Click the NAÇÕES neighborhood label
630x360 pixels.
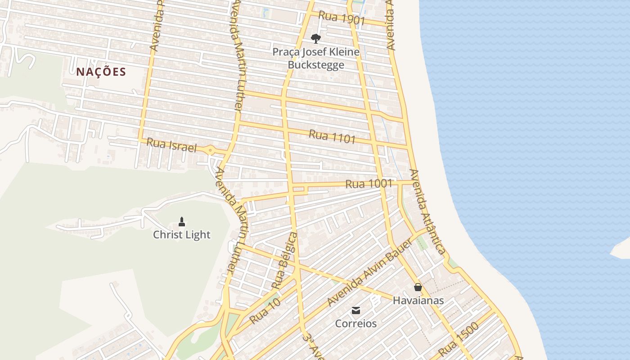101,72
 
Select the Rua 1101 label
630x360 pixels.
332,136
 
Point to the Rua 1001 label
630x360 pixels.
369,184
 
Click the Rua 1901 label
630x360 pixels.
342,18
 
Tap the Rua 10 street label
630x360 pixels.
265,311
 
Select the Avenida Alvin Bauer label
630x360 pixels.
370,273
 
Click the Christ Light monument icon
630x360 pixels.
182,221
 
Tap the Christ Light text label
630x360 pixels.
182,234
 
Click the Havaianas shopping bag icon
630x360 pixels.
418,287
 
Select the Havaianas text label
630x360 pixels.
418,300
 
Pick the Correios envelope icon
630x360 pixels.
356,310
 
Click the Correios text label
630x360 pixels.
356,324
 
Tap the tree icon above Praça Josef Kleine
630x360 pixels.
316,38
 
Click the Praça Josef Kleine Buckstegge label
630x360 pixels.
316,58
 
